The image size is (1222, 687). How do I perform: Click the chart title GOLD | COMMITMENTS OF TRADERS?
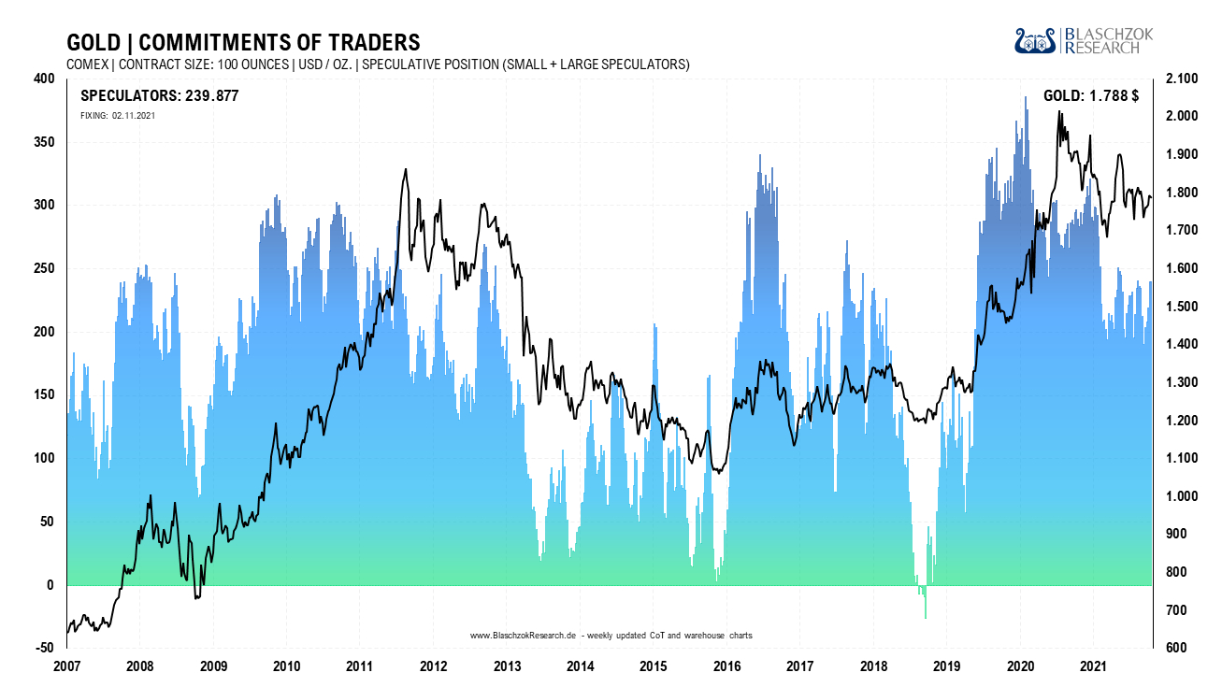coord(243,43)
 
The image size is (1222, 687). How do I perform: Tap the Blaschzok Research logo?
coord(1084,40)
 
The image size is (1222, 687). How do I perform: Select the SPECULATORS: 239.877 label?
coord(160,95)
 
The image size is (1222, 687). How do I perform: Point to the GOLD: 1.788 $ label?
coord(1090,95)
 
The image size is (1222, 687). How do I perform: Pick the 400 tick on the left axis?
coord(43,79)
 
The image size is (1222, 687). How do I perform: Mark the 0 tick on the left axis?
coord(50,586)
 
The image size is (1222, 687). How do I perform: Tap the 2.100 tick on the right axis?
coord(1183,79)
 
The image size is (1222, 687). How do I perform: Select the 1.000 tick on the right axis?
coord(1183,496)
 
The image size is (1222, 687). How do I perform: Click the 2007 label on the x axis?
coord(67,666)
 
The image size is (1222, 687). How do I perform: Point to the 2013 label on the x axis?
coord(507,666)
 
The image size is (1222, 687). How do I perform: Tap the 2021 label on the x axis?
coord(1093,666)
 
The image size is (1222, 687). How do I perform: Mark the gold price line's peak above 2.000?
coord(1059,112)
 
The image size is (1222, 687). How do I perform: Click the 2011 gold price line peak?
coord(405,170)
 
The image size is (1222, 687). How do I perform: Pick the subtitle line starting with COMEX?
coord(378,64)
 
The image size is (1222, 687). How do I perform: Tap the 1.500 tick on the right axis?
coord(1183,307)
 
